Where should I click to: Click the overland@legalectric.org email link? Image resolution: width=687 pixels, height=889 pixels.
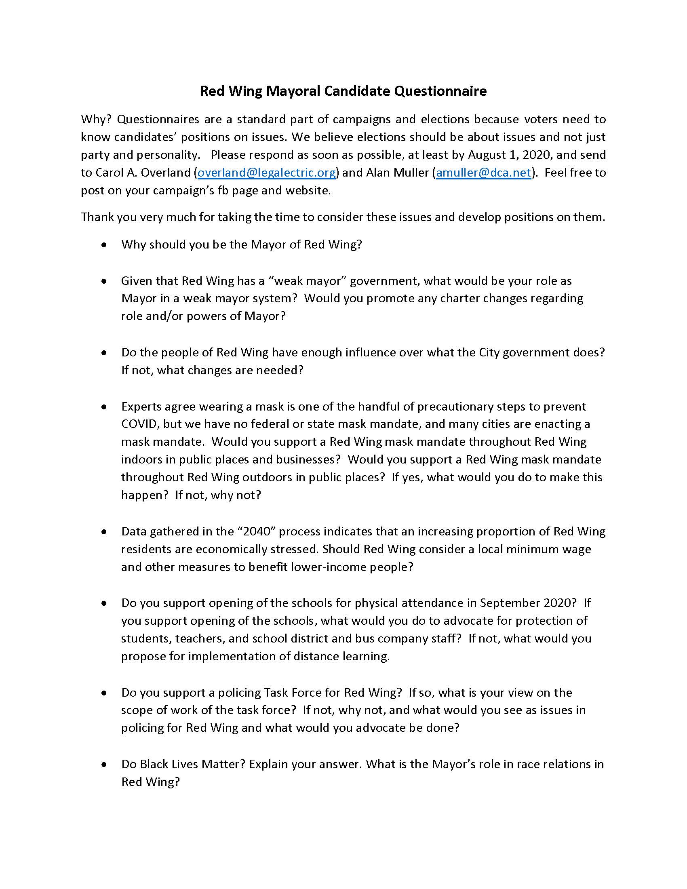tap(267, 173)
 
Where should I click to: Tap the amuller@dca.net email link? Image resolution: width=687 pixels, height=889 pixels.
tap(484, 173)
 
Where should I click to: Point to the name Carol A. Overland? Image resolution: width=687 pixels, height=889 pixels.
tap(143, 173)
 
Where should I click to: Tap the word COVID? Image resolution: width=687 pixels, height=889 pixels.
tap(139, 424)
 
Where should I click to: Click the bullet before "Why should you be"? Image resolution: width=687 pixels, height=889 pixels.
tap(105, 245)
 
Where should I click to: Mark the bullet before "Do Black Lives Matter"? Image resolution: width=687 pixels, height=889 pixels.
tap(105, 765)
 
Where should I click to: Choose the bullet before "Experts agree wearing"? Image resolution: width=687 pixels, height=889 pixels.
tap(105, 407)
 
